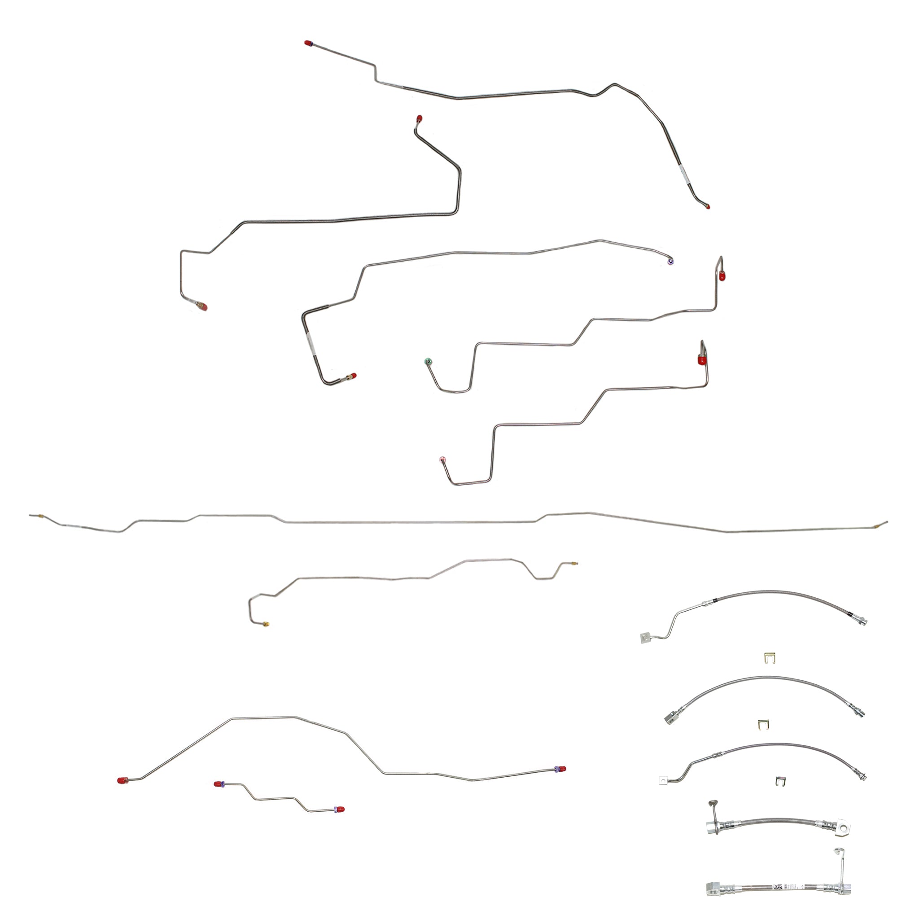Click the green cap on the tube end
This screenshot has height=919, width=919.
pyautogui.click(x=428, y=361)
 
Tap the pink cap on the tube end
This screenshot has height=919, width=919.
pyautogui.click(x=442, y=459)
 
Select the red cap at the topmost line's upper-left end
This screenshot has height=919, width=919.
pyautogui.click(x=308, y=43)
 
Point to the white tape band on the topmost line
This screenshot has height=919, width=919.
pyautogui.click(x=683, y=174)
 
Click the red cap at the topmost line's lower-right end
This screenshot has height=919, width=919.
pyautogui.click(x=707, y=206)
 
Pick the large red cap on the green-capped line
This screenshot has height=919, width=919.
pyautogui.click(x=722, y=276)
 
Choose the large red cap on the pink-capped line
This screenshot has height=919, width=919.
pyautogui.click(x=702, y=359)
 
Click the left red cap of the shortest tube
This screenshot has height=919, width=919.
pyautogui.click(x=218, y=784)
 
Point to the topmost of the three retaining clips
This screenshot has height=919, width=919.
pyautogui.click(x=770, y=658)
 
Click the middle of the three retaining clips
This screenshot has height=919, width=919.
pyautogui.click(x=763, y=725)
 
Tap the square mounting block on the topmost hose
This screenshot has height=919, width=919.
pyautogui.click(x=645, y=637)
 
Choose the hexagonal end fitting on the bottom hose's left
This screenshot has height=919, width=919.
pyautogui.click(x=713, y=888)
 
